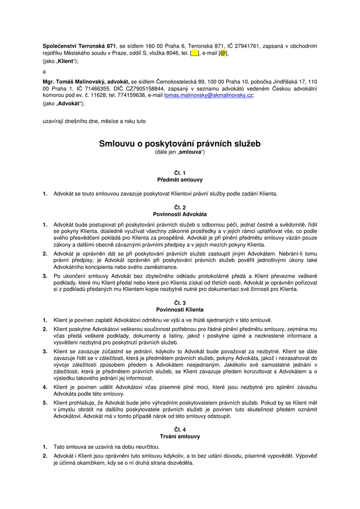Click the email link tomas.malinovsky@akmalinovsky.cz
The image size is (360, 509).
pyautogui.click(x=208, y=95)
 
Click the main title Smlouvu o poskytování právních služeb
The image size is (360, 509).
pyautogui.click(x=180, y=144)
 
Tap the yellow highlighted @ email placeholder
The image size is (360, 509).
pyautogui.click(x=223, y=53)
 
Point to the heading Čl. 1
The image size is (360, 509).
pyautogui.click(x=180, y=172)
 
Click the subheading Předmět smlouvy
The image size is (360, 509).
pyautogui.click(x=180, y=179)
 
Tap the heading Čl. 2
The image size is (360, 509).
pyautogui.click(x=180, y=207)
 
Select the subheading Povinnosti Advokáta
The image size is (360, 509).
pyautogui.click(x=180, y=214)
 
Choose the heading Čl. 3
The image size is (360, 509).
pyautogui.click(x=180, y=303)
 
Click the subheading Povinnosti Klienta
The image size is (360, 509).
pyautogui.click(x=180, y=310)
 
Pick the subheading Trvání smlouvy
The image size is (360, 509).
pyautogui.click(x=180, y=436)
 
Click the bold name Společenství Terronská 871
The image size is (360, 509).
pyautogui.click(x=79, y=46)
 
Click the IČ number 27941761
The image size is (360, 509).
pyautogui.click(x=244, y=46)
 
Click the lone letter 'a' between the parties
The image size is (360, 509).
pyautogui.click(x=44, y=71)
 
